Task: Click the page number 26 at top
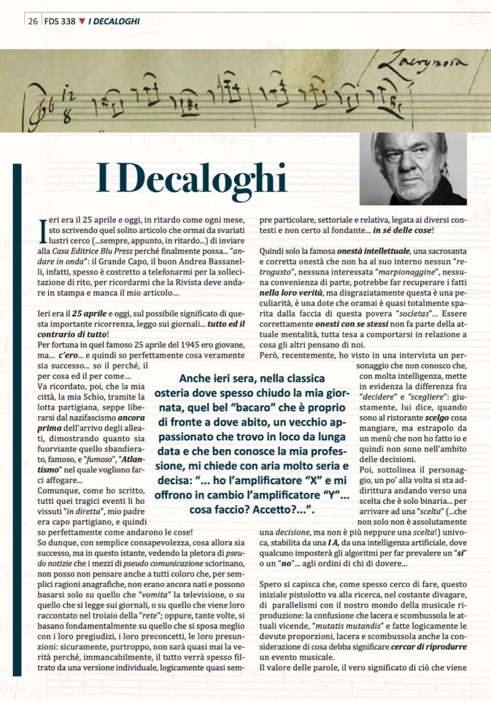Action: tap(34, 21)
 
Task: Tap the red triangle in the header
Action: tap(81, 21)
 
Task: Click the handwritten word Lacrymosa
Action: tap(433, 65)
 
